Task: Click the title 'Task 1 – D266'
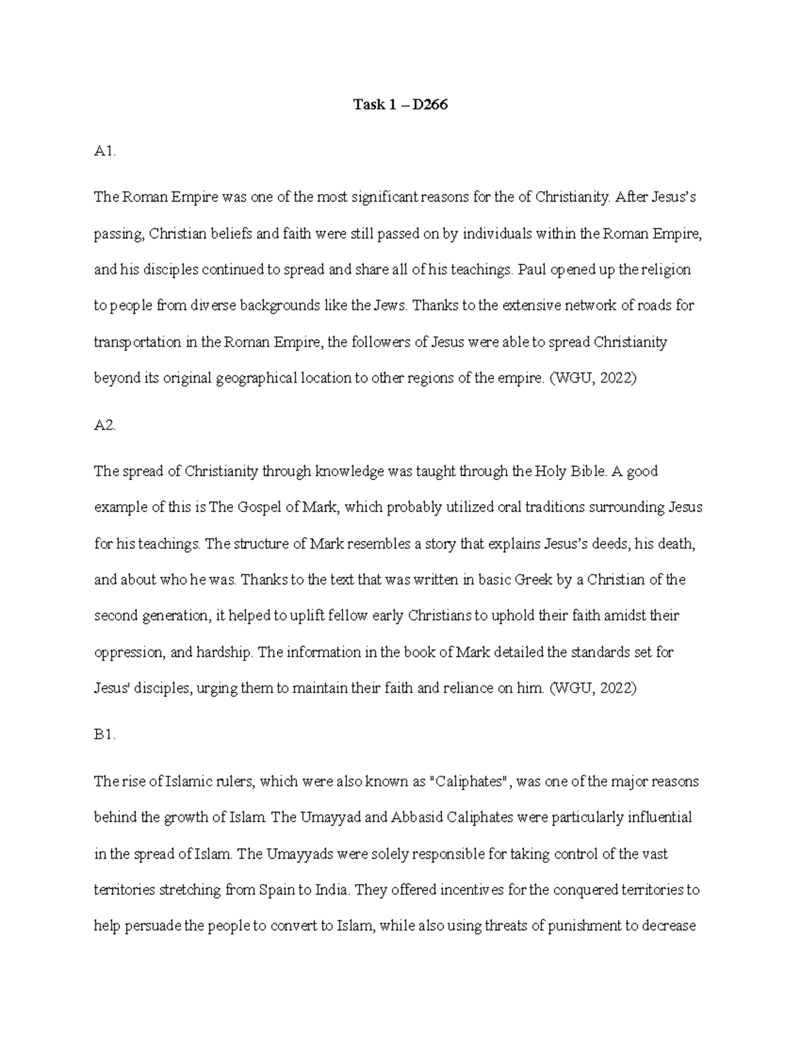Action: pyautogui.click(x=400, y=104)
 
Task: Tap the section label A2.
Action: pyautogui.click(x=105, y=425)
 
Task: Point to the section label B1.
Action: pyautogui.click(x=105, y=735)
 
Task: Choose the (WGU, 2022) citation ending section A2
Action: pyautogui.click(x=593, y=688)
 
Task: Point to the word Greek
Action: pyautogui.click(x=533, y=580)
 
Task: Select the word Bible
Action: pyautogui.click(x=587, y=471)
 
